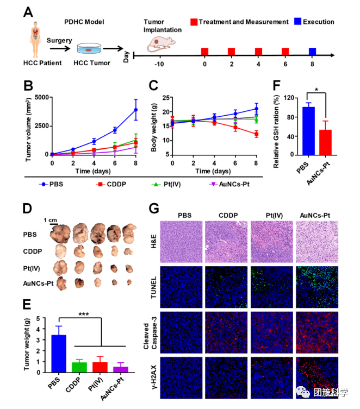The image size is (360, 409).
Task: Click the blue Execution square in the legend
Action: click(299, 22)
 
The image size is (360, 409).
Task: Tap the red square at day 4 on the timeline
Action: click(258, 52)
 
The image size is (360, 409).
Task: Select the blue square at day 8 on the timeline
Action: click(313, 52)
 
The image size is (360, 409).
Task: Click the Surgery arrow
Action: click(59, 49)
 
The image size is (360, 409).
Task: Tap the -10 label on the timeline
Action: click(159, 64)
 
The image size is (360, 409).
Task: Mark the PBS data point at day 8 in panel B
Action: click(136, 110)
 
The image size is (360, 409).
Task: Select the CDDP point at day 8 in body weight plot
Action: click(256, 134)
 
